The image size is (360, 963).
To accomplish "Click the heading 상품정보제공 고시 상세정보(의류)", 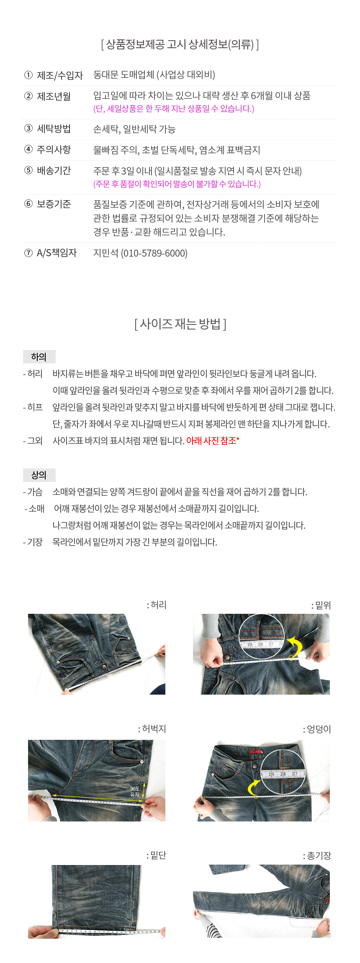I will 180,44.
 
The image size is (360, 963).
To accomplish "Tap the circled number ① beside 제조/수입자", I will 28,75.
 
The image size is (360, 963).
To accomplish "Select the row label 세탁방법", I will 54,129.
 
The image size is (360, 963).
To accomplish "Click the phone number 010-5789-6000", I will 154,253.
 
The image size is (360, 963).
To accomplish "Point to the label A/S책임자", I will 57,253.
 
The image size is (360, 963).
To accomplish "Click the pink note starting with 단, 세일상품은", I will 174,109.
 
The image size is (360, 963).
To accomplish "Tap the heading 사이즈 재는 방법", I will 180,324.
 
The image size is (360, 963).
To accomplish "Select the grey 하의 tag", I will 39,357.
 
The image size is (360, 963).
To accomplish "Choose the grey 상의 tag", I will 39,475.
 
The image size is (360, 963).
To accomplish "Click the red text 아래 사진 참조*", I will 213,440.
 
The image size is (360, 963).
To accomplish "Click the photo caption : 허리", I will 157,605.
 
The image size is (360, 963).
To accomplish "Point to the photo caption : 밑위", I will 321,605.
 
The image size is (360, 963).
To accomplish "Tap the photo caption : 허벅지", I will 152,729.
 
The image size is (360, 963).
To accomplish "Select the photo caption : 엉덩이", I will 317,729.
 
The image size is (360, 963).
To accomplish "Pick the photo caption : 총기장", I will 317,856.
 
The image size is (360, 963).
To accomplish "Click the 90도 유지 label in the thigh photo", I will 135,791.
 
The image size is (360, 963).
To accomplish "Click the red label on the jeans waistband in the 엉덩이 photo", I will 255,752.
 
